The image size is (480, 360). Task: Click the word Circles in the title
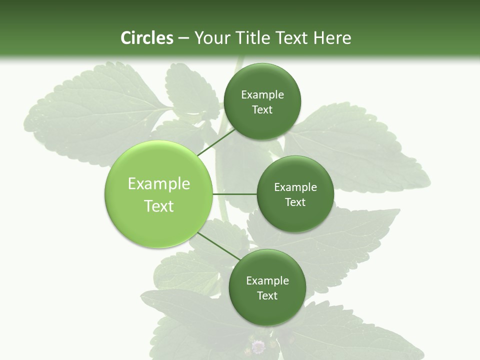pyautogui.click(x=147, y=38)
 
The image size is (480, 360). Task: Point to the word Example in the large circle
pyautogui.click(x=159, y=184)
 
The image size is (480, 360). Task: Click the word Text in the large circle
pyautogui.click(x=159, y=206)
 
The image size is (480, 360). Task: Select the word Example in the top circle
pyautogui.click(x=262, y=95)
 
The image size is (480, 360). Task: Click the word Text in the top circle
pyautogui.click(x=262, y=110)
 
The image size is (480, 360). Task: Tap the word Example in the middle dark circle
pyautogui.click(x=295, y=187)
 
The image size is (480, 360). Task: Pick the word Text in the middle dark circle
pyautogui.click(x=295, y=202)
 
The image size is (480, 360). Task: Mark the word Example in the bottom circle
pyautogui.click(x=267, y=281)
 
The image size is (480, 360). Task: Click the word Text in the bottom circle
pyautogui.click(x=267, y=296)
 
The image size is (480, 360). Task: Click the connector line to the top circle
pyautogui.click(x=216, y=142)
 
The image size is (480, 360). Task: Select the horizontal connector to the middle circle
pyautogui.click(x=234, y=194)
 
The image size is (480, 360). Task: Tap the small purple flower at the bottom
pyautogui.click(x=258, y=346)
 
